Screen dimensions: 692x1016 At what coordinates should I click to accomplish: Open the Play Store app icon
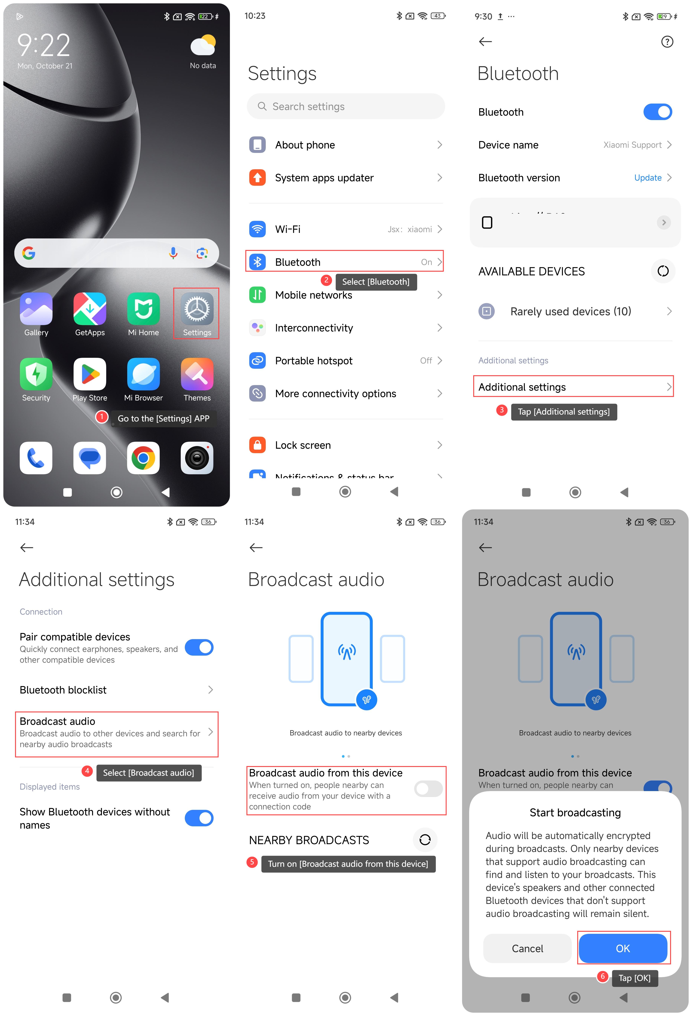click(90, 374)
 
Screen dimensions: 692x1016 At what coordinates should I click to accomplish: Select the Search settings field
click(346, 106)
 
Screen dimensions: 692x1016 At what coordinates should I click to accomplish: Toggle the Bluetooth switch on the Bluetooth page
click(657, 112)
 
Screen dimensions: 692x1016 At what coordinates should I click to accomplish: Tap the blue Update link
click(648, 177)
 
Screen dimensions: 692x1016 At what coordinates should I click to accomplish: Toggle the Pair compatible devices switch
click(199, 647)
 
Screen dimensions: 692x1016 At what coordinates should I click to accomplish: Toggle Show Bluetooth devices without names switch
click(199, 818)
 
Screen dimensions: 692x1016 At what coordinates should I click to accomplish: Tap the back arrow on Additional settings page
click(27, 547)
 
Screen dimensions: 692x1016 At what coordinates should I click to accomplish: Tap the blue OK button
click(623, 948)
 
